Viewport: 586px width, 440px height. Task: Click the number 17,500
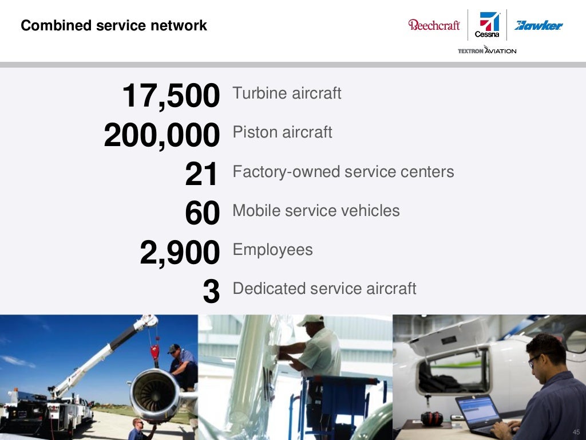(x=171, y=96)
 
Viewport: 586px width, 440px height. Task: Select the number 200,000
(x=162, y=135)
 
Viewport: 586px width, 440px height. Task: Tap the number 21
(x=202, y=174)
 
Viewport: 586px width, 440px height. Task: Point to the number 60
(x=202, y=213)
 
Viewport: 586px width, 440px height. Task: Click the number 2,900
(x=180, y=253)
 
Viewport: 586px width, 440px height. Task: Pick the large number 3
(x=211, y=292)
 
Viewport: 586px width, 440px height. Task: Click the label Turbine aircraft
(x=287, y=93)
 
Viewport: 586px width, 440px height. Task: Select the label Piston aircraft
(x=282, y=132)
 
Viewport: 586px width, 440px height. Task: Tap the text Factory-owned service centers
(x=343, y=171)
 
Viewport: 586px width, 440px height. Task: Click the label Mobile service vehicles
(x=316, y=210)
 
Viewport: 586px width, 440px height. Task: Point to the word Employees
(x=272, y=250)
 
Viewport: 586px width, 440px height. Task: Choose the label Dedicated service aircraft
(x=324, y=288)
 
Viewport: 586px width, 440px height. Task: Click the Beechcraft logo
(x=434, y=25)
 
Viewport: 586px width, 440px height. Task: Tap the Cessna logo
(x=488, y=25)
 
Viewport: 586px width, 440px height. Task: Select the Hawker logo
(x=539, y=25)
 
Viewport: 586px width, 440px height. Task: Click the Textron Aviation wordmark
(x=487, y=50)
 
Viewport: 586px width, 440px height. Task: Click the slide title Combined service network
(x=114, y=26)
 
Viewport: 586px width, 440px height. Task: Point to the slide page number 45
(x=576, y=431)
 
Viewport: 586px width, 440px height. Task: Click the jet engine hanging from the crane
(x=153, y=394)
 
